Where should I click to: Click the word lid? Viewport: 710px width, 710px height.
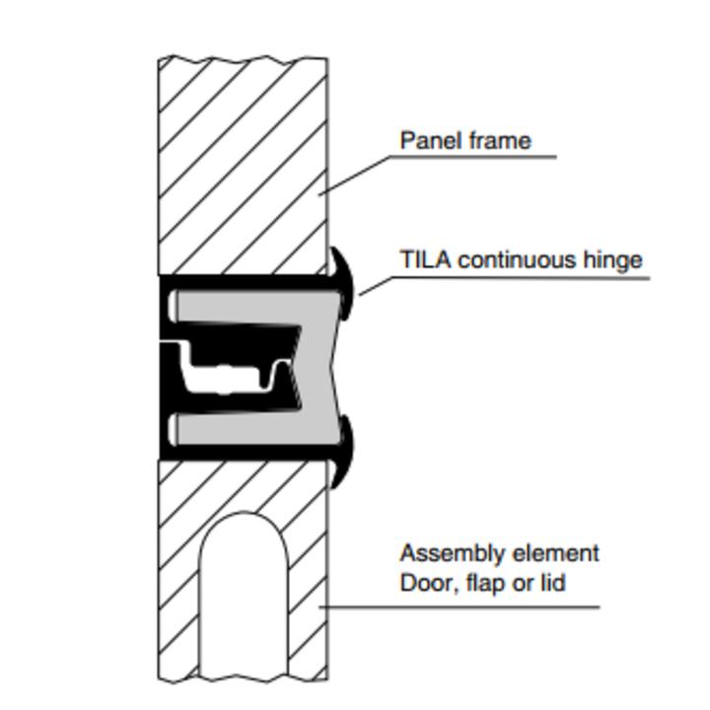(553, 583)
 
